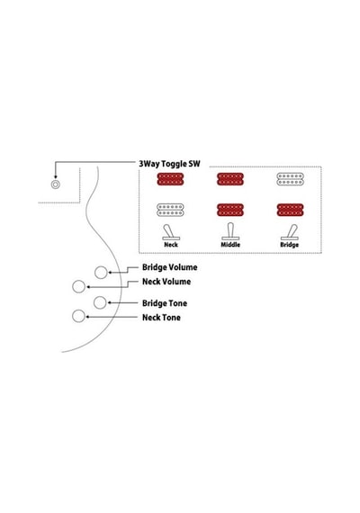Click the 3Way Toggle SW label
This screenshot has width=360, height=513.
pos(169,164)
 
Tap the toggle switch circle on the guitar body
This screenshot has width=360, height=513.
pos(55,184)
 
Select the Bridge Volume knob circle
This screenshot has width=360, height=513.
pos(101,273)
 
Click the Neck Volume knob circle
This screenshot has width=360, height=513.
pos(78,286)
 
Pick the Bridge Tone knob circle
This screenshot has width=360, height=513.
pos(100,302)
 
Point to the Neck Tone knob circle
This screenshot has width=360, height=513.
pos(78,316)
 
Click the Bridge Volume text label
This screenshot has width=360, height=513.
pos(169,267)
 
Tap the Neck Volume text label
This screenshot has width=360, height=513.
pos(166,282)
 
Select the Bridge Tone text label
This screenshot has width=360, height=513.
pos(165,303)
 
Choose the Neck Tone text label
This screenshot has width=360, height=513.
pos(161,318)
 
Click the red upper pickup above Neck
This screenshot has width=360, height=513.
pos(170,179)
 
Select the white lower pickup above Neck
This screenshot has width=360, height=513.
pos(170,210)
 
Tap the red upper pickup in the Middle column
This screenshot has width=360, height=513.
pos(230,179)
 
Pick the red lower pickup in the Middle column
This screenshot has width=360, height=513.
pos(230,210)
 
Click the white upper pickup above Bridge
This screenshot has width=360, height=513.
pos(290,179)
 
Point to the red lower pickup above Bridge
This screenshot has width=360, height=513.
pos(290,210)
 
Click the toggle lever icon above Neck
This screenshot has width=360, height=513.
pos(170,232)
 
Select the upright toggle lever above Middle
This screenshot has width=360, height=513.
pos(230,231)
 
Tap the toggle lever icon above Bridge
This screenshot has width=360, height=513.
pos(290,232)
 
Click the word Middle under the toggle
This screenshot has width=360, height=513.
pos(230,245)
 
